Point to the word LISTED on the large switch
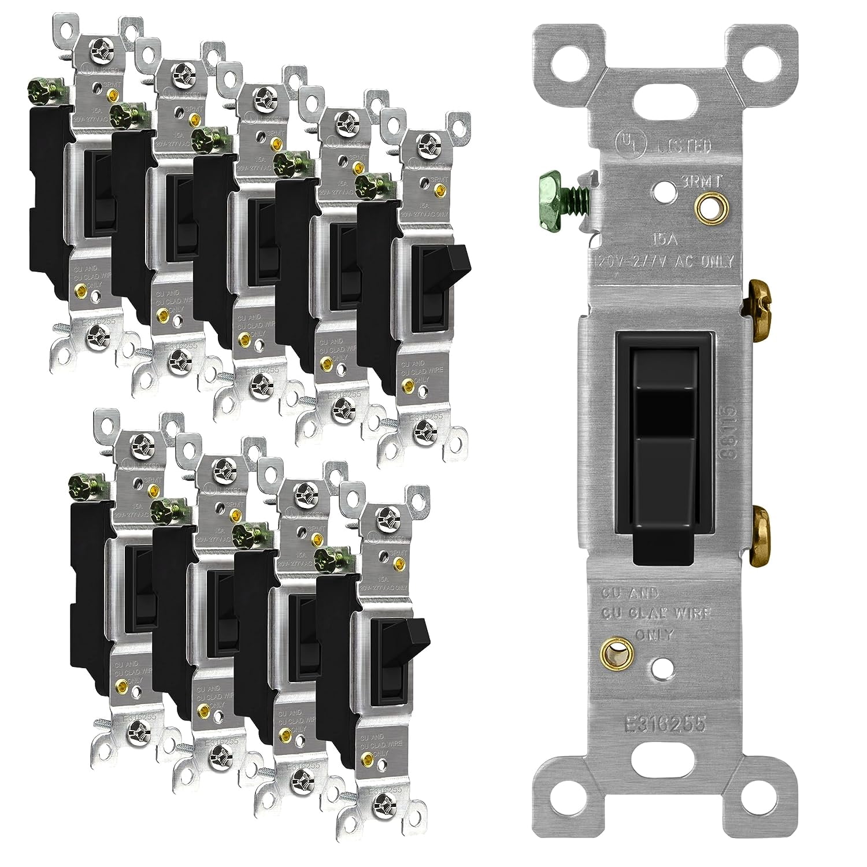coord(683,146)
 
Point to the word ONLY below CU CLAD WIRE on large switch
coord(655,634)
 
